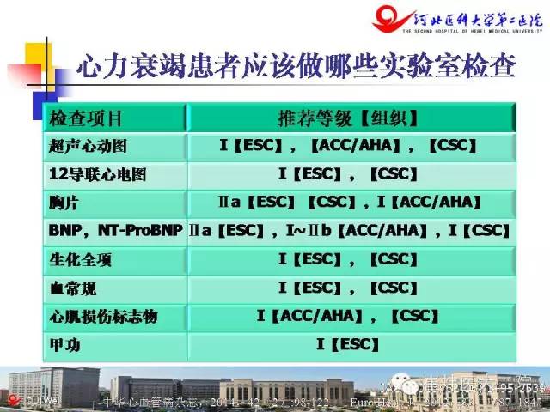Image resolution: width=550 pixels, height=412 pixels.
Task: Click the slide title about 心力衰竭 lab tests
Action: [x=300, y=67]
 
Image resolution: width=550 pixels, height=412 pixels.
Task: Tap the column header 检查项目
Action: [x=86, y=118]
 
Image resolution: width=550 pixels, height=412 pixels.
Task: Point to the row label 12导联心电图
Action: [x=98, y=174]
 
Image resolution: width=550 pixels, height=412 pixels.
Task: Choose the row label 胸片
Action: [x=64, y=203]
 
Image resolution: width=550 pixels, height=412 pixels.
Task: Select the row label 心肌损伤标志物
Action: [x=104, y=317]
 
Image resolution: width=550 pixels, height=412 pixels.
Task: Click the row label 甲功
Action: [x=64, y=345]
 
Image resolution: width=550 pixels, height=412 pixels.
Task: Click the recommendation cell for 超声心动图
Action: [x=350, y=146]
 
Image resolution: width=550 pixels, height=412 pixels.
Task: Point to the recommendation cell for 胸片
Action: [x=350, y=203]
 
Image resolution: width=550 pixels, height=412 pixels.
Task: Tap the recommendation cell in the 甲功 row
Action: [x=350, y=345]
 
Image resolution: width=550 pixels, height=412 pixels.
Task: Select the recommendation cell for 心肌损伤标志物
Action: [x=350, y=317]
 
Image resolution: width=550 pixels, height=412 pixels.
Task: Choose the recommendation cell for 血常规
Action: [x=350, y=287]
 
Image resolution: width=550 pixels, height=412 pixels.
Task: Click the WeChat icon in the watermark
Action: [x=401, y=379]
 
